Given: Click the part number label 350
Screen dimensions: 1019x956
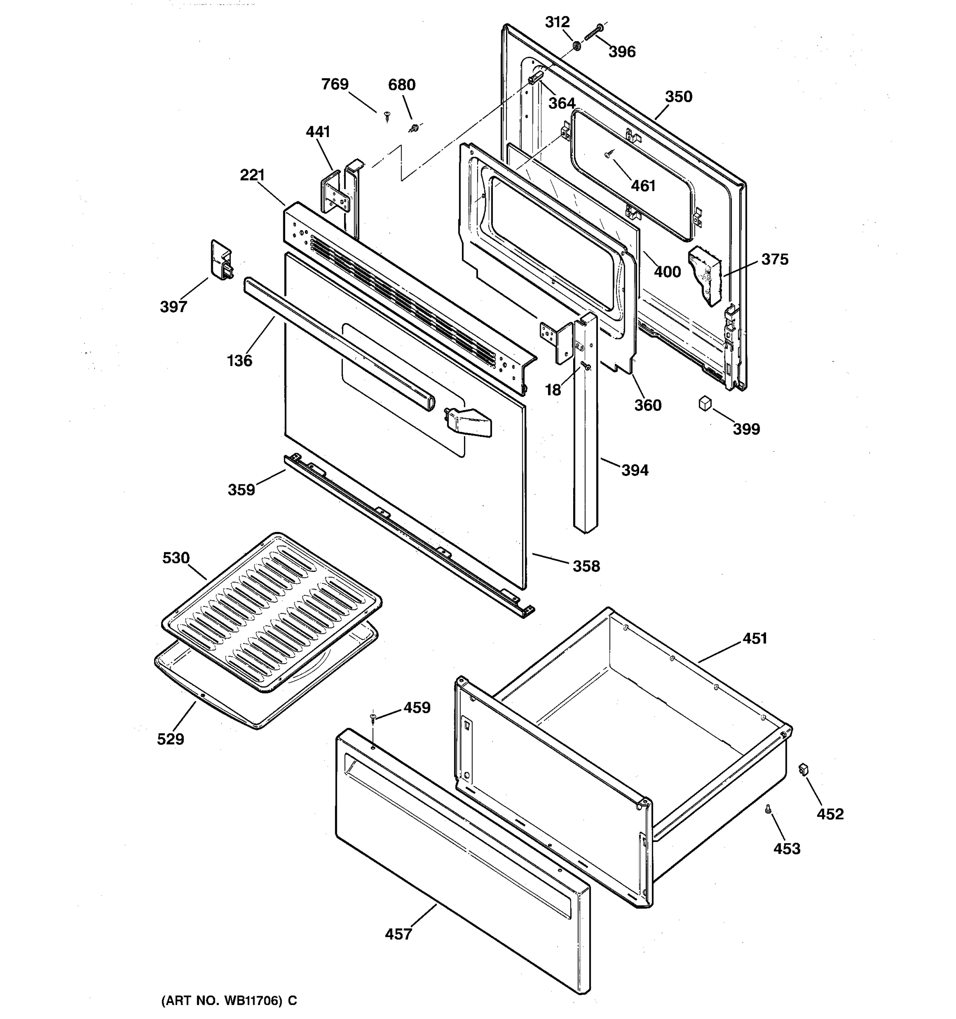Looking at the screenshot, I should [x=678, y=96].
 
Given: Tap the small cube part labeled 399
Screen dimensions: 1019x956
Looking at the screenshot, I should [x=705, y=403].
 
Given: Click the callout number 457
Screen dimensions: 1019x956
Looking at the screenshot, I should [x=398, y=934].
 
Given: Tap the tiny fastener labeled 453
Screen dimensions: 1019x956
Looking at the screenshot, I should [x=768, y=809].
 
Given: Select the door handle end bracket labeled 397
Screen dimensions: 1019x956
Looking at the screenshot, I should [x=221, y=260].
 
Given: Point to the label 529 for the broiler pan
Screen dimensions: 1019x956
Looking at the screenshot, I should [x=170, y=739].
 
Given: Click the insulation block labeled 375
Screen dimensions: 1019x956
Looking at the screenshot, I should [x=706, y=274].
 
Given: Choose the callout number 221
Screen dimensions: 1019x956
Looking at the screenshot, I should [x=252, y=175].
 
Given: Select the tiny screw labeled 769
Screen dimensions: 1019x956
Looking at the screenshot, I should [x=387, y=116].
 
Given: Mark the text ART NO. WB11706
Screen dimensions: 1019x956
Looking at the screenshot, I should [x=229, y=1000].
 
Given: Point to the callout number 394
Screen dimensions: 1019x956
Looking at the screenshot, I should [x=634, y=470].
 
